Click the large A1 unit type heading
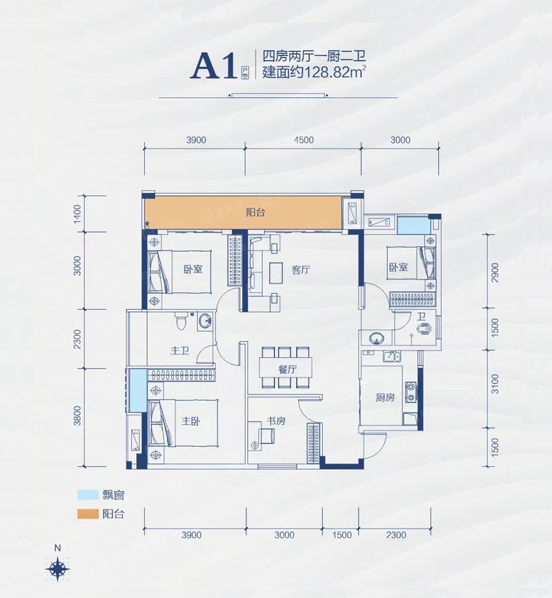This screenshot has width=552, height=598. (217, 66)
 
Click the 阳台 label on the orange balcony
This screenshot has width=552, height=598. (256, 213)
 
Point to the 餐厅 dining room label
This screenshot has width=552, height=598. (288, 369)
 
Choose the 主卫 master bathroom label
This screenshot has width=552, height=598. (179, 350)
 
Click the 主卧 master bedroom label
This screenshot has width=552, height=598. (190, 419)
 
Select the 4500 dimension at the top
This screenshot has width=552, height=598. (304, 140)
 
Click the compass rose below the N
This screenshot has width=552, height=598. (58, 568)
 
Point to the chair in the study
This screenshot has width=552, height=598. (266, 435)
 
